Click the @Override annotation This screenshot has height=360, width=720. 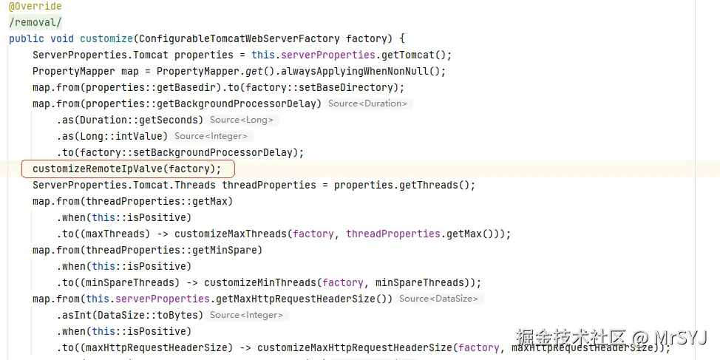tap(35, 7)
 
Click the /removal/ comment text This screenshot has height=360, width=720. tap(35, 22)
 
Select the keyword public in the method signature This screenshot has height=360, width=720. tap(27, 38)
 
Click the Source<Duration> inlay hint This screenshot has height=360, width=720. tap(368, 103)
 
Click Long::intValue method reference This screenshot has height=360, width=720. tap(121, 136)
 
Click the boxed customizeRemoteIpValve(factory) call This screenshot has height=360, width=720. tap(126, 169)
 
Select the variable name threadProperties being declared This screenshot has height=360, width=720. tap(269, 185)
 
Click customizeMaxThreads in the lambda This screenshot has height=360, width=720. tap(231, 234)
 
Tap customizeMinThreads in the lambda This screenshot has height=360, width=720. tap(260, 283)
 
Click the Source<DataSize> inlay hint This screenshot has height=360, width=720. tap(438, 299)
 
